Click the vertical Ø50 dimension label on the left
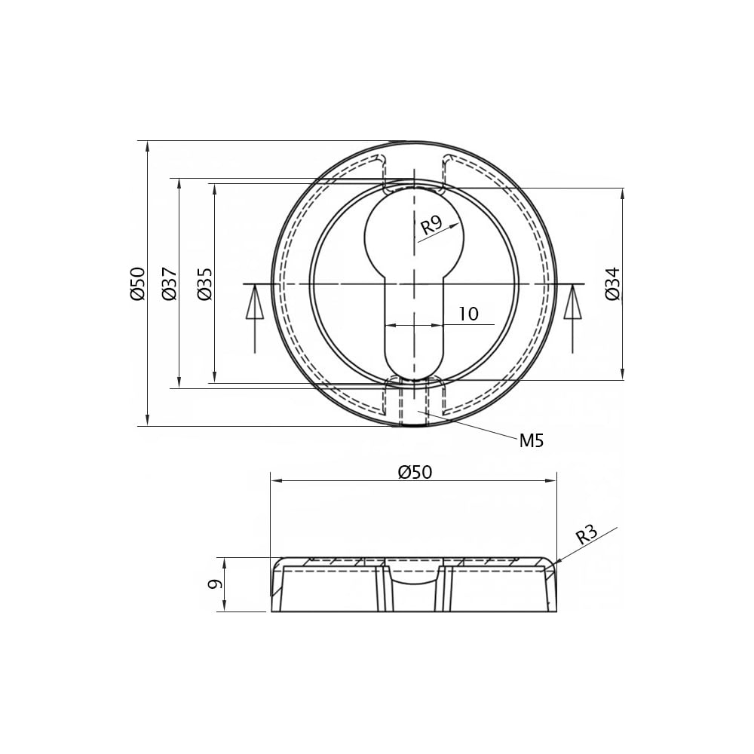pos(137,284)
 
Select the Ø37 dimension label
pos(170,284)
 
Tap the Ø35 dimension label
pos(204,284)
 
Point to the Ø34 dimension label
pos(613,284)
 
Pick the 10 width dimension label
pos(468,314)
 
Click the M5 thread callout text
pos(532,440)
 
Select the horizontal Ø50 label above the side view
pos(415,472)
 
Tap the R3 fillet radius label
pos(587,534)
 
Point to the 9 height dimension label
pos(214,584)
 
